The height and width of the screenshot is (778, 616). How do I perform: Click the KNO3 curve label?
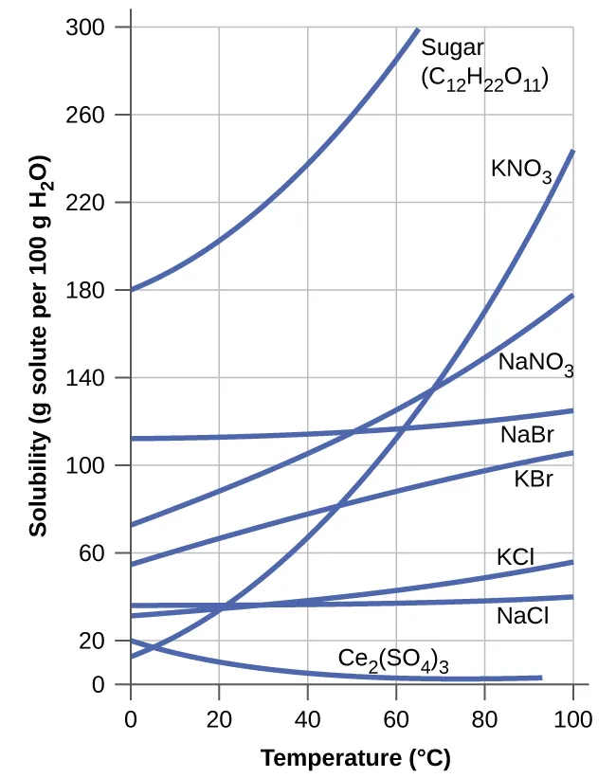click(521, 171)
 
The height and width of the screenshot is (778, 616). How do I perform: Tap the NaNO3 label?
click(536, 363)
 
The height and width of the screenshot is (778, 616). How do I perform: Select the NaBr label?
click(527, 435)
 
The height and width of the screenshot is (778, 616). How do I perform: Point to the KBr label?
click(533, 479)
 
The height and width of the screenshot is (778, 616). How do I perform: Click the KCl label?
click(516, 556)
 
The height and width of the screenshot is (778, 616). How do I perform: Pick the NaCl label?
click(522, 616)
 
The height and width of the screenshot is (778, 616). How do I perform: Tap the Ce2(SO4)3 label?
click(393, 660)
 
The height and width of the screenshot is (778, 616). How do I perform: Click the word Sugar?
click(453, 47)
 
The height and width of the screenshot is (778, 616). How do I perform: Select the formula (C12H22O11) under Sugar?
click(485, 78)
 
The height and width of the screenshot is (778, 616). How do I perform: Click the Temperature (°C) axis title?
click(355, 758)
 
